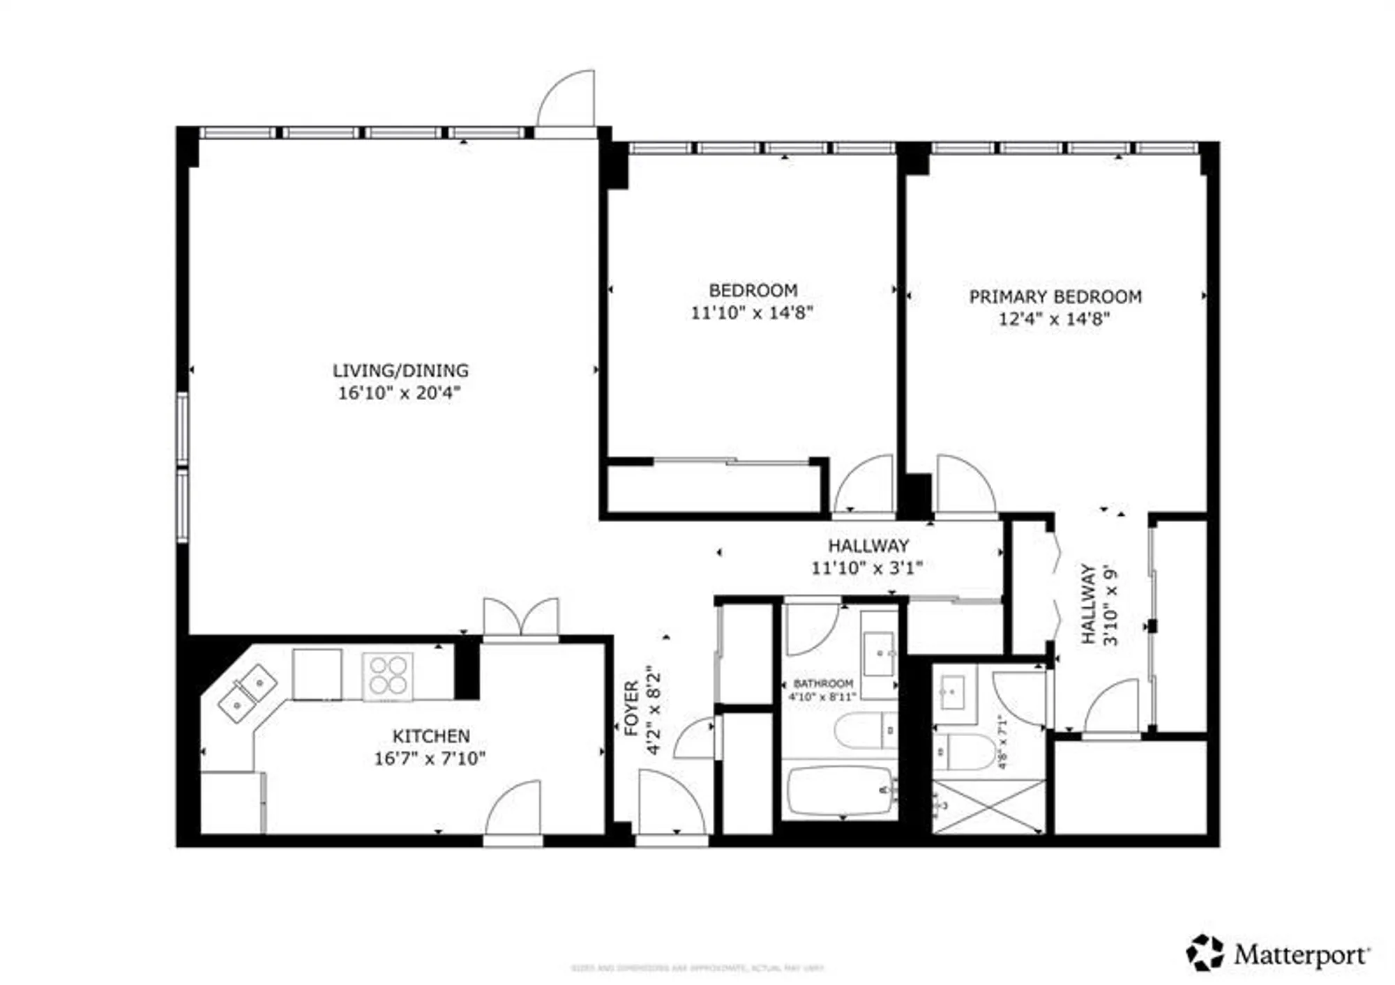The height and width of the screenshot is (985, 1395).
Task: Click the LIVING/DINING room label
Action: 400,371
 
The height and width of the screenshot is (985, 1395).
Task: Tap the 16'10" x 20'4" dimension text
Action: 400,393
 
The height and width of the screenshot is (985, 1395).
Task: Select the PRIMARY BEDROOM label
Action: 1055,297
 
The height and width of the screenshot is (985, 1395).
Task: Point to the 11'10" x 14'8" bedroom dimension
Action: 752,312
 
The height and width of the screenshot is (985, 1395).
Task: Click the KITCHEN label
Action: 430,736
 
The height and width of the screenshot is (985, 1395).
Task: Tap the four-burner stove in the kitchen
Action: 387,675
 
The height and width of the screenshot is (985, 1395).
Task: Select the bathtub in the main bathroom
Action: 840,791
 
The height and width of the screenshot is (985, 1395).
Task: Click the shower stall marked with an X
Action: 988,807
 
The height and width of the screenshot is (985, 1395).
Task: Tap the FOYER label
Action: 631,708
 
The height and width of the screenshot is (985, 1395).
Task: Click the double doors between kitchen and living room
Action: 521,618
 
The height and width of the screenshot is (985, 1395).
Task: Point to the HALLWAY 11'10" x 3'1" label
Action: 867,556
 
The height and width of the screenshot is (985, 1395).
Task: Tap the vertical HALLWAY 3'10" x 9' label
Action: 1099,604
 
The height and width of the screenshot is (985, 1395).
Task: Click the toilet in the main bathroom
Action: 865,730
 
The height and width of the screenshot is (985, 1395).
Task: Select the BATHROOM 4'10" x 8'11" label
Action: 822,689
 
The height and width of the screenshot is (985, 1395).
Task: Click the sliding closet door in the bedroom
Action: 731,461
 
